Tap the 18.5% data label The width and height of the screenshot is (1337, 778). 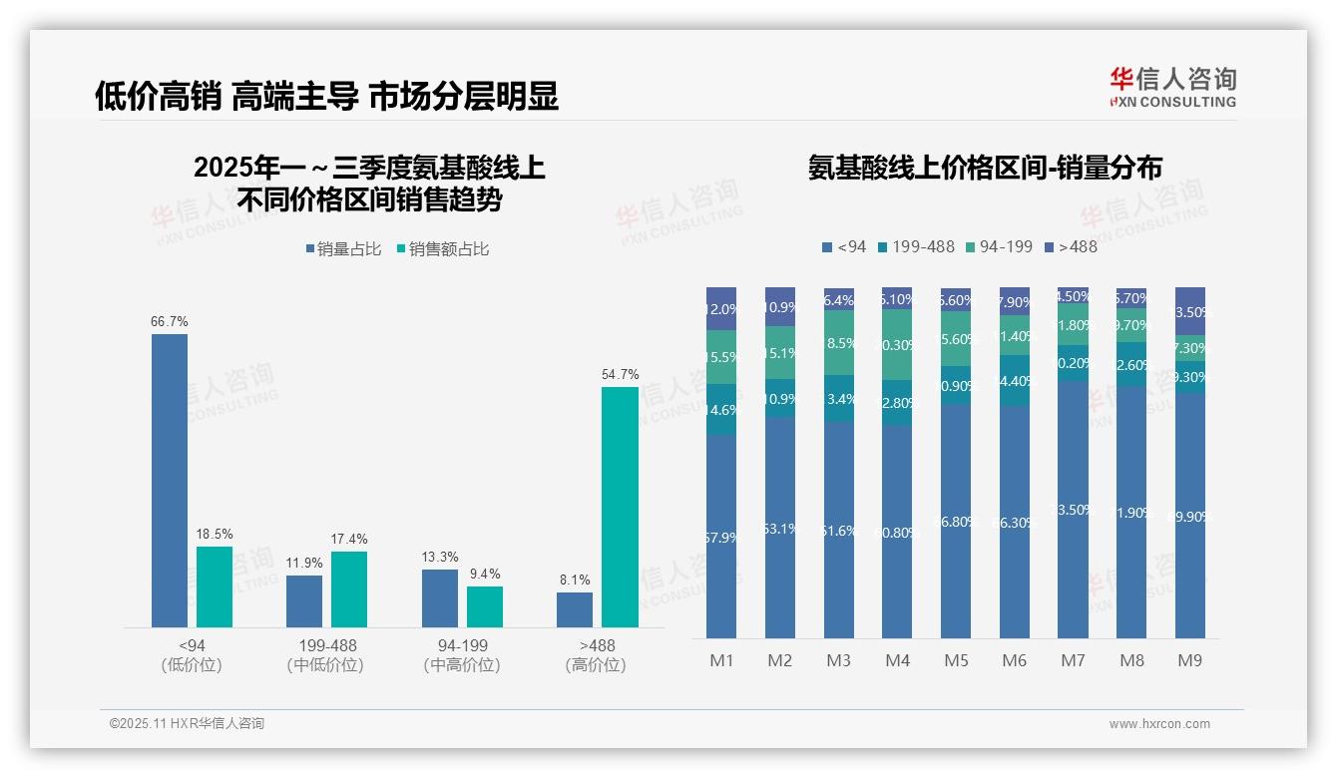(215, 535)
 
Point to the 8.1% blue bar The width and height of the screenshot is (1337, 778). (575, 609)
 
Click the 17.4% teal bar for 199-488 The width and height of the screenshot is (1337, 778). (349, 589)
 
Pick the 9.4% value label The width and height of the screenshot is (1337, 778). (485, 575)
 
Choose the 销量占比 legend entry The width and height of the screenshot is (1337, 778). (344, 249)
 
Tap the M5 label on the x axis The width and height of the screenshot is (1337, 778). (956, 660)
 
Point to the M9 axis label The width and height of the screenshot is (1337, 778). (1190, 660)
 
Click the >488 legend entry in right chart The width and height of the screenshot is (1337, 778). (1070, 246)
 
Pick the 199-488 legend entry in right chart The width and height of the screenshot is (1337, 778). (915, 246)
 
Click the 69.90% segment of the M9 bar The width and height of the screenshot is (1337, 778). (1190, 516)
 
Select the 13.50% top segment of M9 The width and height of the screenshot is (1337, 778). (1190, 311)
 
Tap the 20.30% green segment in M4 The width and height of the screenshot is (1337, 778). (897, 344)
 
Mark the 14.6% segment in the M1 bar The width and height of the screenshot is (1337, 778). (721, 409)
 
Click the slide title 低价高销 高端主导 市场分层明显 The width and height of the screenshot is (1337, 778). (326, 96)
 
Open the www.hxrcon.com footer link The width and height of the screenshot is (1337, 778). (1159, 724)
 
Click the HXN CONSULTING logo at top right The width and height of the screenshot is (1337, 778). (1173, 87)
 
